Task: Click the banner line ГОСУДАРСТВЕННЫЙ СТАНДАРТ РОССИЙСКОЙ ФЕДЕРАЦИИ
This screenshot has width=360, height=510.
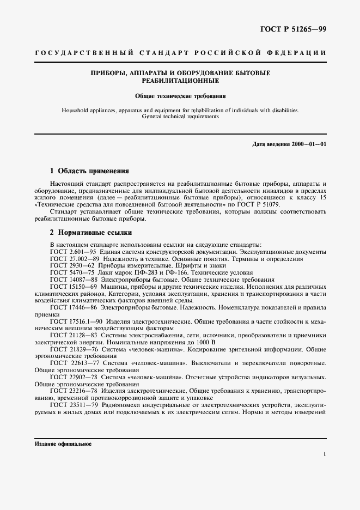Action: coord(180,53)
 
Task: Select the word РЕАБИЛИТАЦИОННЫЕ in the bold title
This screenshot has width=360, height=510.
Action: coord(180,80)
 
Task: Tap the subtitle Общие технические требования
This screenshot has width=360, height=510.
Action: coord(180,96)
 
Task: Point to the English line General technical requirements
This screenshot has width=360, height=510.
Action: coord(180,116)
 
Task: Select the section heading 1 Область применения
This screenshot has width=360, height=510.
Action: coord(89,171)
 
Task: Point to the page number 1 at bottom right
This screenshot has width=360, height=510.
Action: coord(325,453)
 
